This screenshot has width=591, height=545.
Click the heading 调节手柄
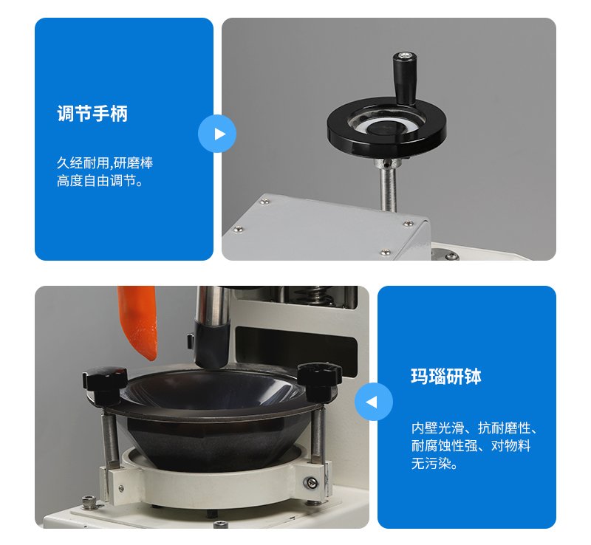click(x=92, y=114)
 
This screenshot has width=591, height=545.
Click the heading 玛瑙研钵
click(x=446, y=376)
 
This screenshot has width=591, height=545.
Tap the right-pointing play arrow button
click(x=217, y=134)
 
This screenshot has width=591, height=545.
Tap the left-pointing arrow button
click(x=374, y=402)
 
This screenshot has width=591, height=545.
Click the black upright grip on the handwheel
click(x=404, y=78)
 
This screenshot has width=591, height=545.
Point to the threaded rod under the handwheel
click(x=389, y=188)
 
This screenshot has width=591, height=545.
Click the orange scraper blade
click(x=138, y=322)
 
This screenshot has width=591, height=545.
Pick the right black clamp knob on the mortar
click(x=319, y=380)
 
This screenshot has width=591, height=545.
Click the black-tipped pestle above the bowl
click(x=212, y=326)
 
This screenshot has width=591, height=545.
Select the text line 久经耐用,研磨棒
click(x=105, y=162)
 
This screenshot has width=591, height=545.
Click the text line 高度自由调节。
click(x=100, y=181)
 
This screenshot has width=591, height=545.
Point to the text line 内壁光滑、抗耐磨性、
click(x=474, y=428)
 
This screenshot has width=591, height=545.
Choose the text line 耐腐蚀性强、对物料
click(x=471, y=446)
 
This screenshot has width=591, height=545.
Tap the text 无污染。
click(x=434, y=464)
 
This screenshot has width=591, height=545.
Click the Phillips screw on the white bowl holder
click(x=310, y=481)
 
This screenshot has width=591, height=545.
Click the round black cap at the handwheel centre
click(x=383, y=128)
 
